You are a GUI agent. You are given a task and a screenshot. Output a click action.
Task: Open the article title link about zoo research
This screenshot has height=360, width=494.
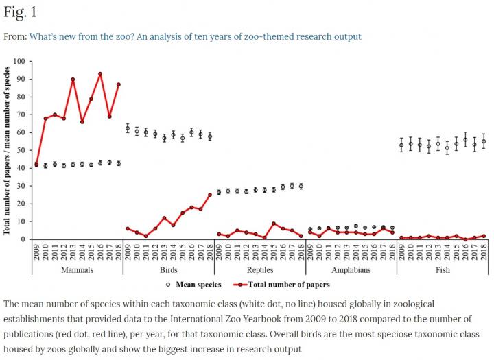click(x=195, y=36)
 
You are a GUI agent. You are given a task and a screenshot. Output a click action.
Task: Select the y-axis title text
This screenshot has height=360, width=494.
click(x=7, y=150)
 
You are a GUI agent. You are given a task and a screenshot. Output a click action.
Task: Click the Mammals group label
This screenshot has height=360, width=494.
click(x=77, y=269)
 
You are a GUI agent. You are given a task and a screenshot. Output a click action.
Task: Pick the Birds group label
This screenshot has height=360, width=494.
click(x=168, y=269)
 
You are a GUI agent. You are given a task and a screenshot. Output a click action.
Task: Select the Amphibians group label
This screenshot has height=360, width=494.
click(x=351, y=269)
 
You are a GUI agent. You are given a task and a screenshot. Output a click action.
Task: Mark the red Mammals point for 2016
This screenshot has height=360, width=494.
click(x=100, y=74)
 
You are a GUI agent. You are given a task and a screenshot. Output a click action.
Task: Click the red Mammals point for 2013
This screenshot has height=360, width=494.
click(x=73, y=80)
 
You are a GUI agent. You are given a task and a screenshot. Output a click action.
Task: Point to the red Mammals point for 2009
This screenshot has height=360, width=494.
click(x=36, y=165)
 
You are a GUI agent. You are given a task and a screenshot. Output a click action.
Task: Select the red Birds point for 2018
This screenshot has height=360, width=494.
click(x=210, y=195)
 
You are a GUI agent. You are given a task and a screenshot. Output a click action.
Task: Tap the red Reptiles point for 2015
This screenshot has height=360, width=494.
click(x=274, y=224)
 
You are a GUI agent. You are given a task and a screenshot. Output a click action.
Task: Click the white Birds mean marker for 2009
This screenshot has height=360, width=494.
click(x=128, y=128)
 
